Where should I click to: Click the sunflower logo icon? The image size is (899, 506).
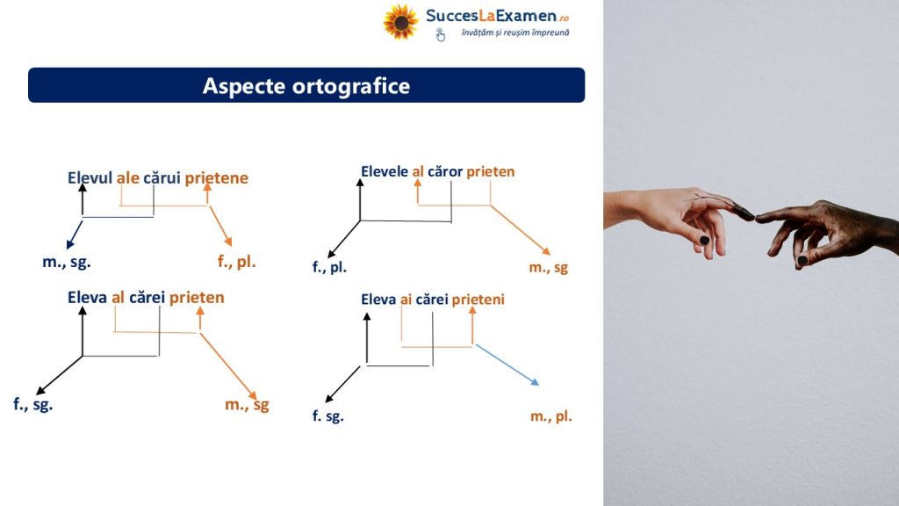(x=400, y=22)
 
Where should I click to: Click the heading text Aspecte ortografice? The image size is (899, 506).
(x=306, y=86)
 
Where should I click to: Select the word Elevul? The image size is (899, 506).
(x=90, y=177)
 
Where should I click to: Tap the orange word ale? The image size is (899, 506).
(x=128, y=177)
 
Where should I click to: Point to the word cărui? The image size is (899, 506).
(x=162, y=177)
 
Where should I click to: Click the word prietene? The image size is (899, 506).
(x=216, y=178)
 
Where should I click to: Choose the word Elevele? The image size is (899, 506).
(x=385, y=171)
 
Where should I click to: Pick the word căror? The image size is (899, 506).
(x=445, y=171)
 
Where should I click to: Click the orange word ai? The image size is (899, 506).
(x=406, y=300)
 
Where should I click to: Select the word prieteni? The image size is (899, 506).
(x=478, y=300)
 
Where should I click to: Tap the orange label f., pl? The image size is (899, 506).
(x=236, y=262)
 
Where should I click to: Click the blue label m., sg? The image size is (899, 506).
(x=67, y=263)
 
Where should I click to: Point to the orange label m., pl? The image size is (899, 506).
(x=551, y=416)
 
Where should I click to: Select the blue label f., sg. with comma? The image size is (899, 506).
(x=32, y=404)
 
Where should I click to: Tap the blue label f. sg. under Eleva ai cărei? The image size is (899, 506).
(x=328, y=416)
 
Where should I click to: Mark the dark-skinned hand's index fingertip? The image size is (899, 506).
(x=759, y=218)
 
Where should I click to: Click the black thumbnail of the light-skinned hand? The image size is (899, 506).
(x=705, y=240)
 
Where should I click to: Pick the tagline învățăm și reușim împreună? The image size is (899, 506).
(x=515, y=33)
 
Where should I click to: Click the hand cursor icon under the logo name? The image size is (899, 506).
(x=441, y=35)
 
